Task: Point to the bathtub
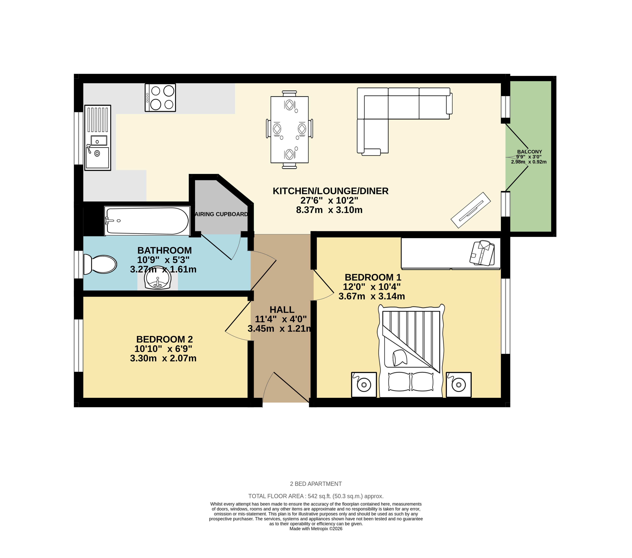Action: point(147,221)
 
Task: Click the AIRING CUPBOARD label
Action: point(221,214)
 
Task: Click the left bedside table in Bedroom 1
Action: point(364,385)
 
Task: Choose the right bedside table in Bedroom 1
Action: point(459,385)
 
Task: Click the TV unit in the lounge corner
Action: point(471,210)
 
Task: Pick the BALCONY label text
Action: point(529,152)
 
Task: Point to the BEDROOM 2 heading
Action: point(165,339)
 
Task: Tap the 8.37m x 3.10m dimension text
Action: point(329,210)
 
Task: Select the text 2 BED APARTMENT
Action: point(316,484)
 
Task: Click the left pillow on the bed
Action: point(399,382)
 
